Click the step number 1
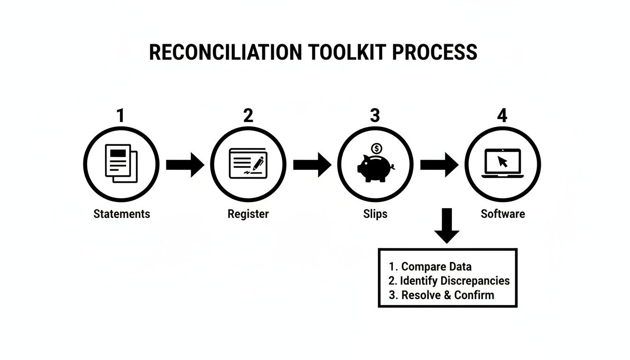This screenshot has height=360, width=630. pyautogui.click(x=120, y=115)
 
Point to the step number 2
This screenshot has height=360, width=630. pyautogui.click(x=248, y=115)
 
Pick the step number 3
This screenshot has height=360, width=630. pyautogui.click(x=375, y=115)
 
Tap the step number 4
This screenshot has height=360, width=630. pyautogui.click(x=502, y=115)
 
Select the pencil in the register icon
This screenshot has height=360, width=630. pyautogui.click(x=258, y=163)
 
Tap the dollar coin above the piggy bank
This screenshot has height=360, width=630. pyautogui.click(x=376, y=149)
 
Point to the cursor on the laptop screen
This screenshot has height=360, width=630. pyautogui.click(x=502, y=162)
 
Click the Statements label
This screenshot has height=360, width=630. pyautogui.click(x=122, y=214)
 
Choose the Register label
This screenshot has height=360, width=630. pyautogui.click(x=248, y=214)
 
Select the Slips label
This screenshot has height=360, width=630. pyautogui.click(x=375, y=214)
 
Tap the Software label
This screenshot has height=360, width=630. pyautogui.click(x=502, y=214)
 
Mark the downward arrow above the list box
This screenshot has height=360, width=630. pyautogui.click(x=446, y=226)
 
